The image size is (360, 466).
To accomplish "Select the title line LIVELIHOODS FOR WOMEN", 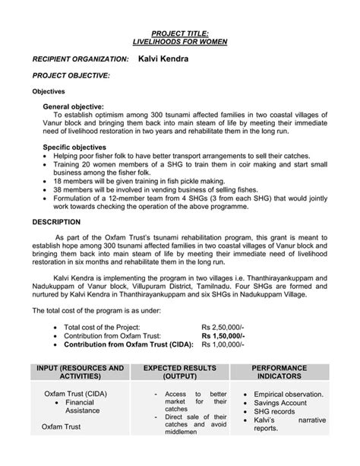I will click(x=181, y=43).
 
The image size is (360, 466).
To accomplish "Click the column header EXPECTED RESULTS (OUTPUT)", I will click(x=180, y=372).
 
